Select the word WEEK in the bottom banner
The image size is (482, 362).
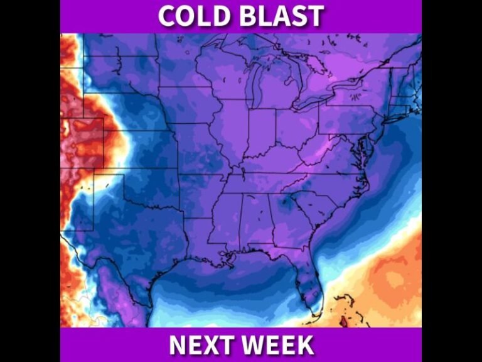point(279,345)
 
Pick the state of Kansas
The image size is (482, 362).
point(151,151)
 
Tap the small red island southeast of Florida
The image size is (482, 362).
point(342,322)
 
